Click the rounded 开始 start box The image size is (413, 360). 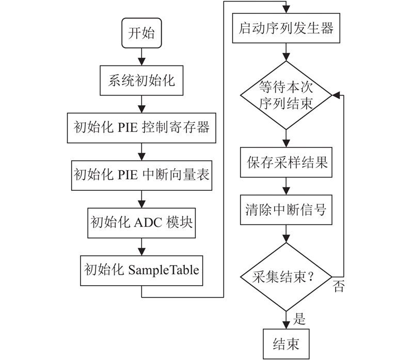(141, 33)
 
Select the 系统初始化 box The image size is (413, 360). (141, 80)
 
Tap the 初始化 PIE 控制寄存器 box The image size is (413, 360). (141, 128)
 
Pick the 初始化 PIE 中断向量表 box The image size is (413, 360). (141, 175)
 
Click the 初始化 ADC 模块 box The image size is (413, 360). (141, 223)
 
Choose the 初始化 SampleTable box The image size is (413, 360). (141, 271)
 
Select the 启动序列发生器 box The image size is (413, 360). (286, 28)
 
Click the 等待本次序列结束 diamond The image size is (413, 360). (286, 95)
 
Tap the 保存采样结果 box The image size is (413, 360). (286, 162)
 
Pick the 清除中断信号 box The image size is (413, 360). (286, 210)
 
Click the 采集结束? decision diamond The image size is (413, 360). (286, 277)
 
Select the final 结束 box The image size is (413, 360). (286, 343)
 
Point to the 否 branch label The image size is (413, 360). (339, 286)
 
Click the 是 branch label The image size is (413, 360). (299, 319)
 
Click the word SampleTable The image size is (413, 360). (164, 270)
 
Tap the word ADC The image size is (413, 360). (148, 223)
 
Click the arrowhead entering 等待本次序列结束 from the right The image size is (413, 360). (336, 95)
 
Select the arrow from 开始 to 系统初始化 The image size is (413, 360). (141, 57)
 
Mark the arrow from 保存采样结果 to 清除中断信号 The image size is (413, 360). (286, 186)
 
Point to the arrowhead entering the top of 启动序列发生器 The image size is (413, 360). (286, 9)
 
